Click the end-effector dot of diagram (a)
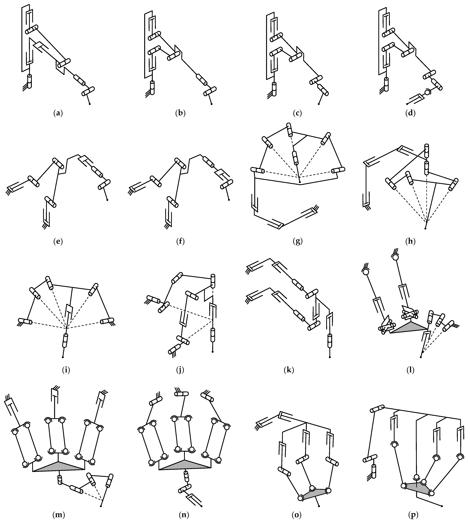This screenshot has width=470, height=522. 90,104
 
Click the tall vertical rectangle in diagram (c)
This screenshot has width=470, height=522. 268,46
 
